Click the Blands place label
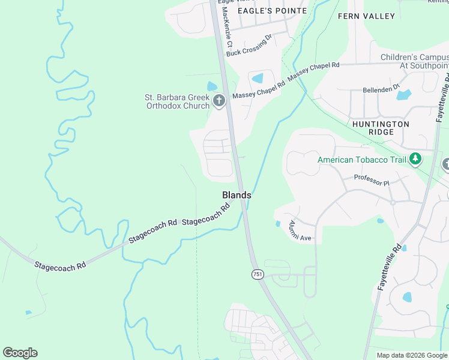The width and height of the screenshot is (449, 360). coord(237,195)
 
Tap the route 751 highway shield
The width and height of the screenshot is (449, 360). coord(257,274)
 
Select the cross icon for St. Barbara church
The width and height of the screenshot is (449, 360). coord(219,101)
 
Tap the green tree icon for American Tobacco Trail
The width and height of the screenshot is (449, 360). coord(415,160)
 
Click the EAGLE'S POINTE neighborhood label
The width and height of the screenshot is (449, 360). coord(272,11)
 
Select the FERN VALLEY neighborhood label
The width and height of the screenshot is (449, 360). coord(366,16)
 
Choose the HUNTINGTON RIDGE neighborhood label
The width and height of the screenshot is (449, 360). coord(381,128)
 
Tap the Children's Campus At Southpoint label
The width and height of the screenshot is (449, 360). coord(414,61)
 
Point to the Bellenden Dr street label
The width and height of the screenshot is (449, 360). coord(381,89)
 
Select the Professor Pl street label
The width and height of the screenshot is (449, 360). coord(372,178)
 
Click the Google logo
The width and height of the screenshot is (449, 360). coord(20,353)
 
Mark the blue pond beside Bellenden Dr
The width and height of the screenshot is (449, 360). coord(403,95)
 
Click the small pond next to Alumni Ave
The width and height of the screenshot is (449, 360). coord(277,224)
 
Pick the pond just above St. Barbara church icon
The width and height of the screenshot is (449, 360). coord(212,86)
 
